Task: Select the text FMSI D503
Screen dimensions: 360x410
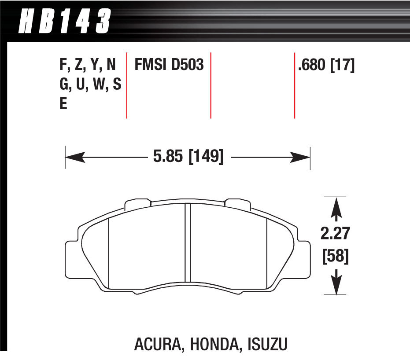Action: (169, 66)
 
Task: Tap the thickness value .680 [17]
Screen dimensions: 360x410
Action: (326, 66)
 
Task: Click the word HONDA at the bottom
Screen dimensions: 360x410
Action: (214, 344)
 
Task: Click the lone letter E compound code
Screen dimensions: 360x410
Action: (63, 105)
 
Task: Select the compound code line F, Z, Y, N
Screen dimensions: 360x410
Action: (87, 66)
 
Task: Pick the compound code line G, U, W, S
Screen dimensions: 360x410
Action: (90, 85)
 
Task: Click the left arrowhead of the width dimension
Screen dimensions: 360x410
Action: (73, 157)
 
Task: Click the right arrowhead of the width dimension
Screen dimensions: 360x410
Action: (303, 157)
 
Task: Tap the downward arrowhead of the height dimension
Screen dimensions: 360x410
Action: (336, 287)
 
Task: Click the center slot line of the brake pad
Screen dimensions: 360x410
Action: (187, 244)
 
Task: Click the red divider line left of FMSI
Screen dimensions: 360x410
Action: (127, 85)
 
